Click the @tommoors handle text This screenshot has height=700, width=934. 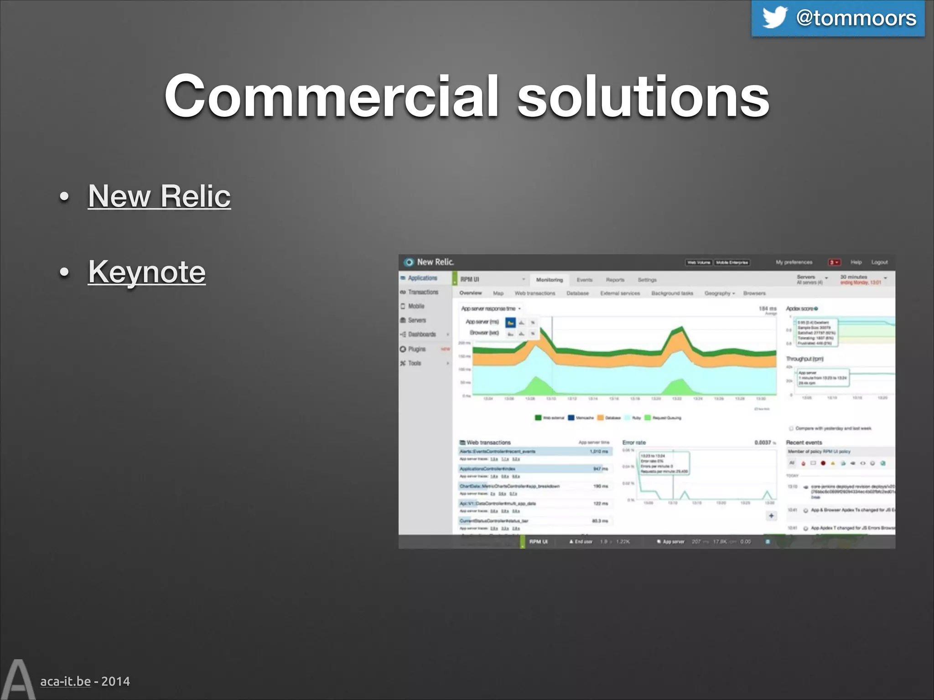856,18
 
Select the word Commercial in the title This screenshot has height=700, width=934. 332,96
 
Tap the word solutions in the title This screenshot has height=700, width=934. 643,96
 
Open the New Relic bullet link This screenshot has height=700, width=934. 159,196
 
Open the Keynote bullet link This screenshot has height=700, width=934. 146,272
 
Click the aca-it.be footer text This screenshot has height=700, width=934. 65,681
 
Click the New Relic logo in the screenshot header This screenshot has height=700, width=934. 429,262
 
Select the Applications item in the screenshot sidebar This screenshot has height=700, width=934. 422,278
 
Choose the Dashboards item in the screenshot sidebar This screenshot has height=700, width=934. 421,335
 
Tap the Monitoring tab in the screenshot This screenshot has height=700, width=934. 549,280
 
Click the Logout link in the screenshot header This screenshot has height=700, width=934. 879,262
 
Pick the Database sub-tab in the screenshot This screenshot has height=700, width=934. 577,293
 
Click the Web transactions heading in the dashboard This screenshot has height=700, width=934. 488,443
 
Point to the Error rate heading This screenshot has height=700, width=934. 634,443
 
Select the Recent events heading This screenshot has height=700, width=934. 804,443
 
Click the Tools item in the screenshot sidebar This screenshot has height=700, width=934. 414,363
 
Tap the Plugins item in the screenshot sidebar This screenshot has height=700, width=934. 416,349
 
